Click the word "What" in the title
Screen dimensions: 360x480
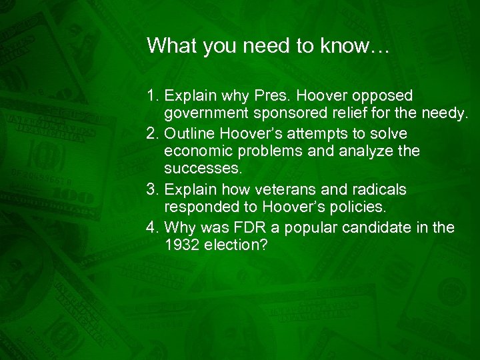(166, 45)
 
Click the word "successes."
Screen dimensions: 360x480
(199, 170)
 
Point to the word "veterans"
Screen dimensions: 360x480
(281, 189)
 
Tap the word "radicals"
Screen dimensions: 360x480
(370, 189)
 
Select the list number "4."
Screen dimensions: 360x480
(152, 227)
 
